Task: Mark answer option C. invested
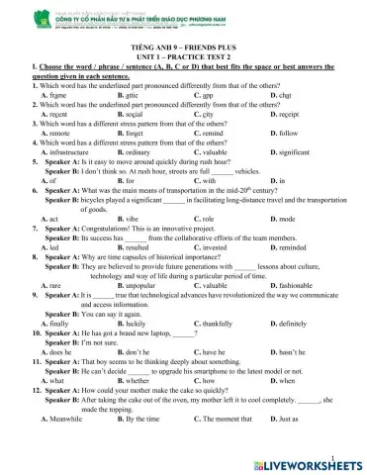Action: pyautogui.click(x=214, y=247)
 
